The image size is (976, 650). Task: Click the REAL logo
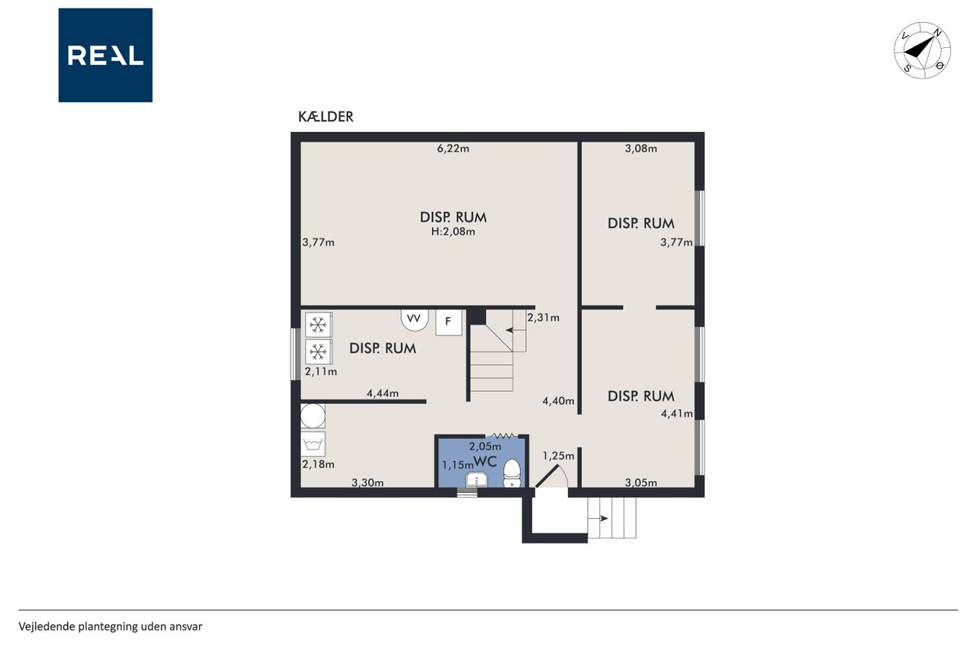105,56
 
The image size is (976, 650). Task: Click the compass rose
923,50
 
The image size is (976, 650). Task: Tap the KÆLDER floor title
326,117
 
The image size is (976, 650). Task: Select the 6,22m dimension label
453,149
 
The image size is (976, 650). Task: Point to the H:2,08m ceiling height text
453,232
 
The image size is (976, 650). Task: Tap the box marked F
448,322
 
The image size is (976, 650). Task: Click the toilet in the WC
512,474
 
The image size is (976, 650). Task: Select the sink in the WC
477,480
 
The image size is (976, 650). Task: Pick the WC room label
485,462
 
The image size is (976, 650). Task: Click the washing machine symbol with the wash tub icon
313,444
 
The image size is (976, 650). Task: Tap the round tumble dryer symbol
313,416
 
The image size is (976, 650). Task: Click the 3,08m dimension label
641,149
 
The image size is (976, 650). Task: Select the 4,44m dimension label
383,393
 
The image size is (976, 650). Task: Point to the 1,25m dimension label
558,456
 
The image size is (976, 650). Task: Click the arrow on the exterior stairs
599,518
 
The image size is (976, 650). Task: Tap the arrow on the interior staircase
515,331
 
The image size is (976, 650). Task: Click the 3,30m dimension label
368,482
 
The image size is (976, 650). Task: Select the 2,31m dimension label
544,318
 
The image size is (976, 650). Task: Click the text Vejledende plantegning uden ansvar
111,626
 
